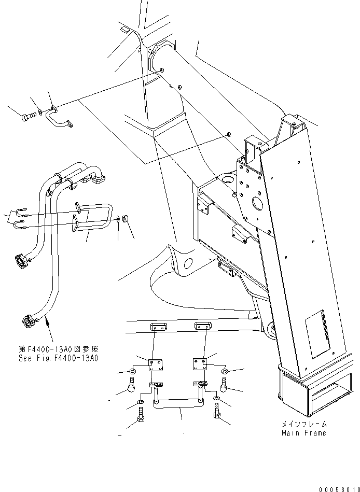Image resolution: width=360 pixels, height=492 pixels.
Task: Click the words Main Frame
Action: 303,433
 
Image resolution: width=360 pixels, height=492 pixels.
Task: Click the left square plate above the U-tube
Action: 155,365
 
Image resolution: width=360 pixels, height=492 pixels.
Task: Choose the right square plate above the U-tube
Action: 200,363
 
